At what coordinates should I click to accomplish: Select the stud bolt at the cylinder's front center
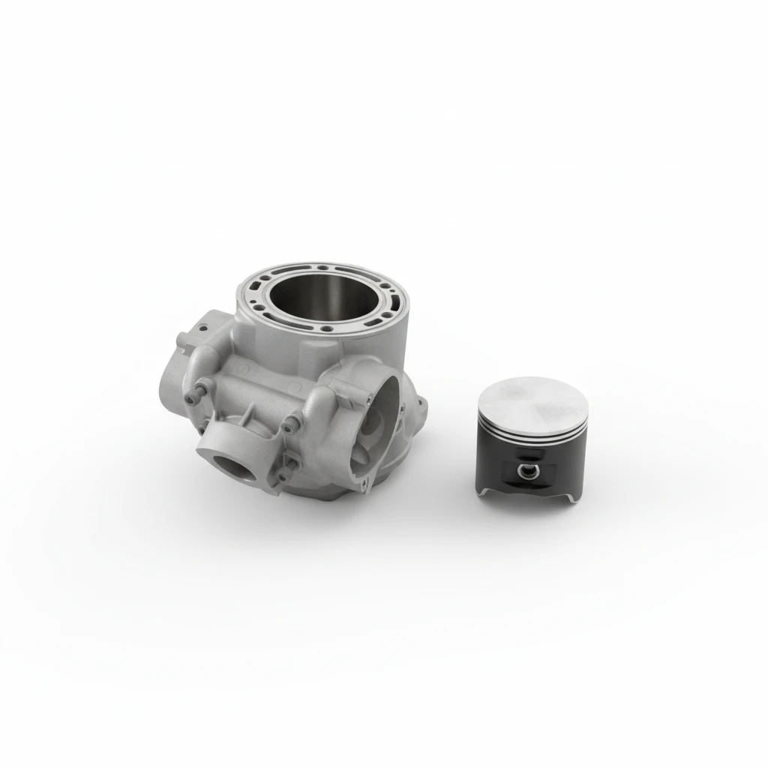[x=289, y=428]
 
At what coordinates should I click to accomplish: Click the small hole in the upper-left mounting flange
[x=202, y=327]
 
